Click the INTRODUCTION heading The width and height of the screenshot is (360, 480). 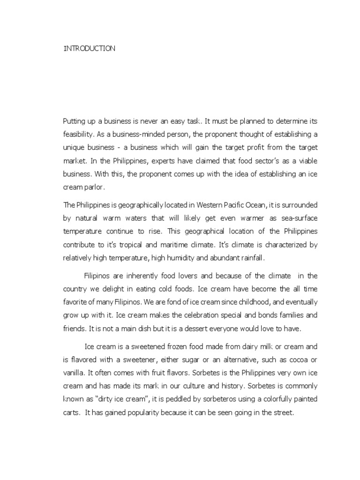pyautogui.click(x=89, y=48)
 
